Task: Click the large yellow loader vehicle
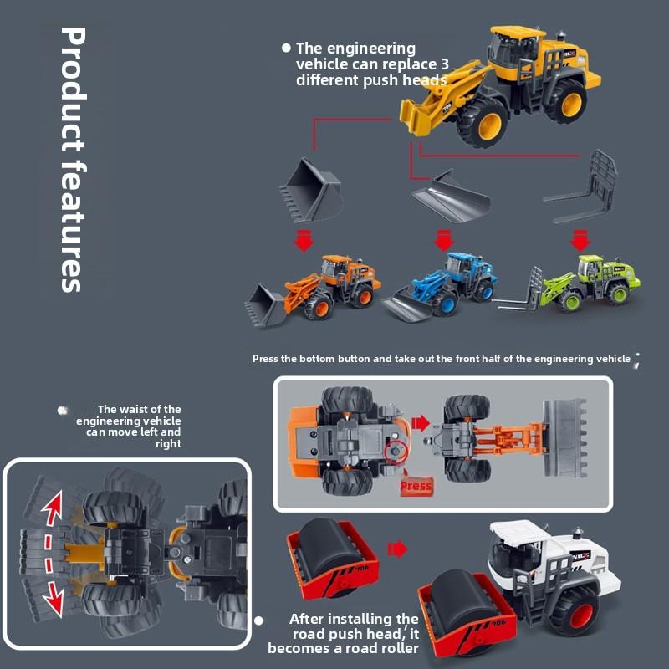(502, 88)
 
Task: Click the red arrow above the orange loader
(304, 241)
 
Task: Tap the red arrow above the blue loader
(443, 241)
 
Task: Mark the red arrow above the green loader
(580, 241)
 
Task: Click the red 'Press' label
(416, 486)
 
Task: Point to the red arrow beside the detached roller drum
(397, 549)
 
